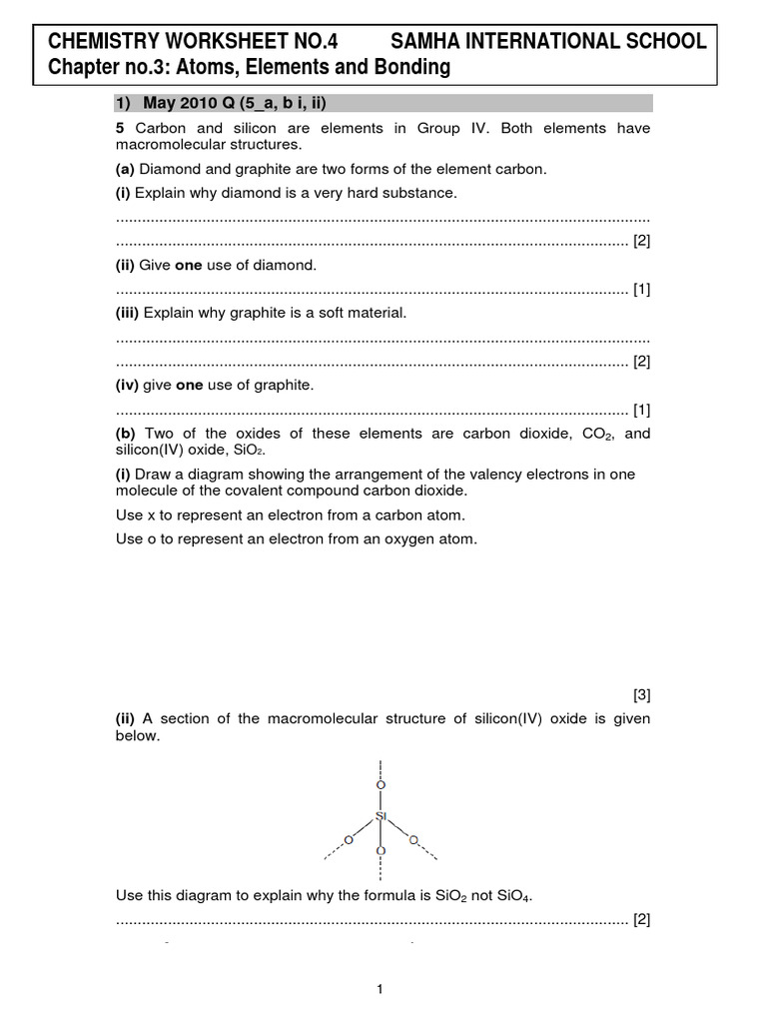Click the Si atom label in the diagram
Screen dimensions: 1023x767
[x=381, y=816]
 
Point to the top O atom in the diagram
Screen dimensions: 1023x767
[x=381, y=782]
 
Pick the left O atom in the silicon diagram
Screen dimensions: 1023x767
[x=348, y=838]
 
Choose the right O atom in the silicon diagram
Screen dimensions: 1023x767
[x=413, y=838]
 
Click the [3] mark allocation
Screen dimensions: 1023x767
[x=641, y=694]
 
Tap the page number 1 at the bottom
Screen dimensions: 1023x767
[x=381, y=990]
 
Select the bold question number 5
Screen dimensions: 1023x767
[x=120, y=128]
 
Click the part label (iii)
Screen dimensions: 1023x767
[x=128, y=313]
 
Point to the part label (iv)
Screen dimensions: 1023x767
[x=128, y=385]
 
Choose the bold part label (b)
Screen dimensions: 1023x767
[x=126, y=433]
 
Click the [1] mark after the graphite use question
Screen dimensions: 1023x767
[x=641, y=409]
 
